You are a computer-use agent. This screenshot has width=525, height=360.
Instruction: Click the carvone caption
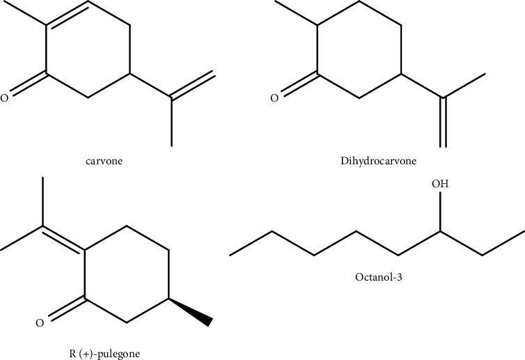pyautogui.click(x=103, y=161)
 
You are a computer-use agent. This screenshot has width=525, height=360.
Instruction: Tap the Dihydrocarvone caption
pyautogui.click(x=379, y=161)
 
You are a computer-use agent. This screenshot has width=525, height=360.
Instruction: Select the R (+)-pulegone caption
pyautogui.click(x=104, y=353)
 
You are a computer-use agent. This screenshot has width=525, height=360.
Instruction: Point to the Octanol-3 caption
pyautogui.click(x=377, y=276)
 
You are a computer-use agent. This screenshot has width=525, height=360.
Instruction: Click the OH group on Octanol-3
pyautogui.click(x=440, y=184)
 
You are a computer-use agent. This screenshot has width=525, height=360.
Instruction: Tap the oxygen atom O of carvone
pyautogui.click(x=4, y=98)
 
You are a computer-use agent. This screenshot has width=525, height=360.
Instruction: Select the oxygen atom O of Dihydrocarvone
pyautogui.click(x=274, y=98)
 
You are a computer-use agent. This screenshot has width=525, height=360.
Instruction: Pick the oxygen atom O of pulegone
pyautogui.click(x=40, y=322)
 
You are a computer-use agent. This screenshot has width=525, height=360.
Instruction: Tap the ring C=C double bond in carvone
pyautogui.click(x=68, y=16)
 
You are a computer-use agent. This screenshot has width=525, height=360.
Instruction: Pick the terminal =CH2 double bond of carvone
pyautogui.click(x=193, y=86)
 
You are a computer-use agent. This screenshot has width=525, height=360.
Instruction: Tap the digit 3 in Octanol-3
pyautogui.click(x=400, y=276)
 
